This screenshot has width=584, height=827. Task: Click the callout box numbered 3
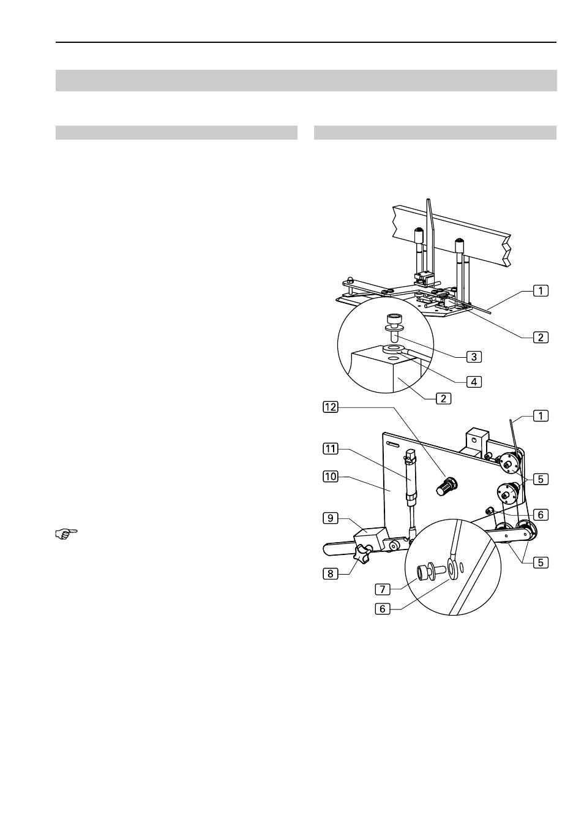click(x=474, y=357)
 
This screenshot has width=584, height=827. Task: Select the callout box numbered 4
click(x=474, y=382)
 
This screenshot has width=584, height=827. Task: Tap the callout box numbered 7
click(x=383, y=589)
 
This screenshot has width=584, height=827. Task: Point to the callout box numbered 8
click(x=330, y=573)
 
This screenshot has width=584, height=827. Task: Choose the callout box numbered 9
click(x=330, y=518)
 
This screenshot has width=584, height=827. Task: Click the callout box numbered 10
click(x=330, y=477)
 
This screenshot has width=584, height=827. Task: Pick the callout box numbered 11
click(x=330, y=448)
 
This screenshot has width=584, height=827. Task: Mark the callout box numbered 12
click(x=330, y=407)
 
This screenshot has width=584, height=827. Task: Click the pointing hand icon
click(x=66, y=534)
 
